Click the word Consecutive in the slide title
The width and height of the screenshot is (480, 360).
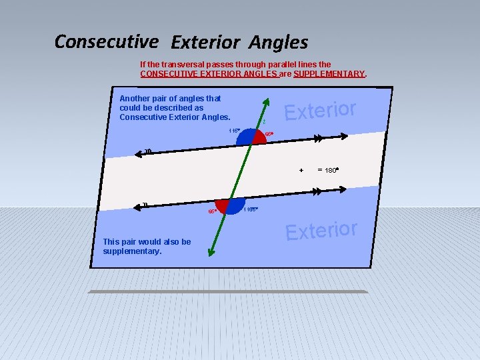[x=107, y=41]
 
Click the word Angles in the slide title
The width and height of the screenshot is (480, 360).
[x=279, y=43]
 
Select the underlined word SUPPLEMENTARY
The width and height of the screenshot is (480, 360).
[x=329, y=73]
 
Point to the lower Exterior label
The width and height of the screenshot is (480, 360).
[x=321, y=230]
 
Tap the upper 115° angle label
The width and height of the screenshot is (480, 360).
[x=234, y=131]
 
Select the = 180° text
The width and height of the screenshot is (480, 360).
[x=328, y=170]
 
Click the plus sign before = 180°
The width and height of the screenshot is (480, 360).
[x=301, y=171]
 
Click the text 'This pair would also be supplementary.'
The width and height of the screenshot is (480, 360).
[x=147, y=247]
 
